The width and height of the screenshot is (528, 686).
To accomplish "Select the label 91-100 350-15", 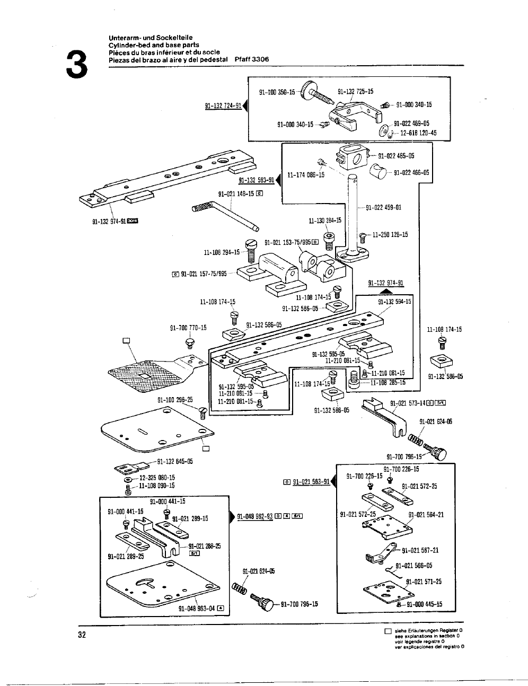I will pos(277,92).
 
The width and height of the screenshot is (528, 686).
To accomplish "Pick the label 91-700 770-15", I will pos(188,328).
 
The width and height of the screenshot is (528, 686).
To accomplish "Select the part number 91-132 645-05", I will pos(174,461).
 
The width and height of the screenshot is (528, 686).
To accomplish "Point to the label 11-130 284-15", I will pos(325,220).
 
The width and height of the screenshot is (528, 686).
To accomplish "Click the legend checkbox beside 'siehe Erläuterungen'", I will pos(388,631).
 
